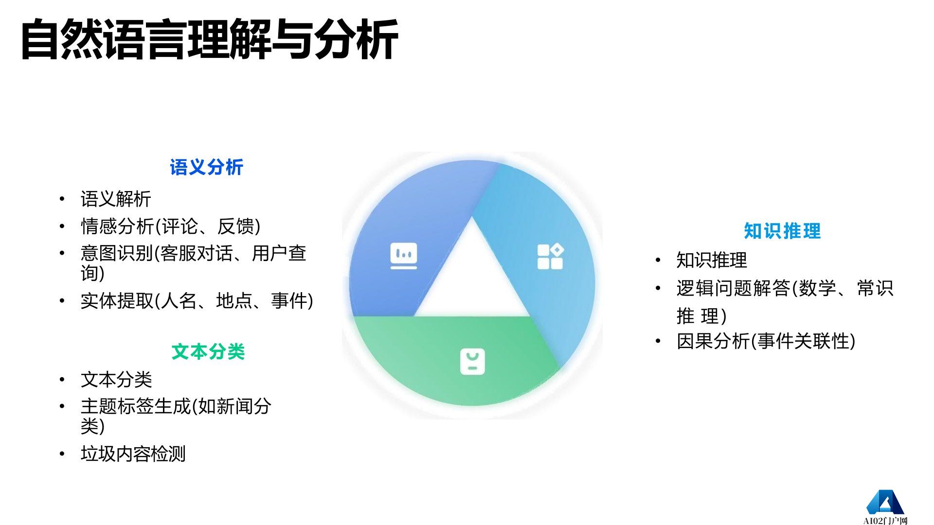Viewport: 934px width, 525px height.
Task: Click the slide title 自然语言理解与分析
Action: click(x=209, y=40)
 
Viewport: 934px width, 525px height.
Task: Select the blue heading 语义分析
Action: click(x=206, y=167)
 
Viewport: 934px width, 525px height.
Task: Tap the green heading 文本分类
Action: click(x=208, y=351)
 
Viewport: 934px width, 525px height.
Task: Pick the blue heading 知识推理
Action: click(x=782, y=231)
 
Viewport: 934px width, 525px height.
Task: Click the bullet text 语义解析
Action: click(x=116, y=199)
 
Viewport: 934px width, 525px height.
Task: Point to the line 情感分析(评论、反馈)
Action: click(x=170, y=227)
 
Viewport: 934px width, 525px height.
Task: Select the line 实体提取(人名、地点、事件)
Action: click(x=197, y=301)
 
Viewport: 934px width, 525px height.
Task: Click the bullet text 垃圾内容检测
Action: click(x=133, y=454)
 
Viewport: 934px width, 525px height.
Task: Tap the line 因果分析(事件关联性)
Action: click(x=766, y=341)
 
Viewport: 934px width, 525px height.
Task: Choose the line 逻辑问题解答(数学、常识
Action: click(x=785, y=288)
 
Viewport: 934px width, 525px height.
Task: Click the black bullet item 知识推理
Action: click(x=711, y=260)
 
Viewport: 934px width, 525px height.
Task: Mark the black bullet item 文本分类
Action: click(x=116, y=380)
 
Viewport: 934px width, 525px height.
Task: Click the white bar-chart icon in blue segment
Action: click(x=404, y=256)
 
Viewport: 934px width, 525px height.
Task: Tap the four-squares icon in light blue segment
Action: click(x=550, y=257)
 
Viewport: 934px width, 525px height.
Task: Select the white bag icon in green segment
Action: click(x=472, y=362)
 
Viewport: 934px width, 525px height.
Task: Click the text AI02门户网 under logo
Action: click(x=885, y=521)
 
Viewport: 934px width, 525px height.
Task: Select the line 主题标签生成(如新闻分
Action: click(x=176, y=406)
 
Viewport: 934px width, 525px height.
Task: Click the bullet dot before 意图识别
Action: click(x=62, y=253)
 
